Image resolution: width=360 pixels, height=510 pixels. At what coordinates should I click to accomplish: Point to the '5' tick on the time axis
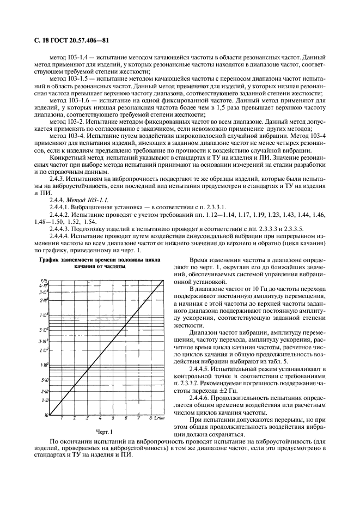pos(113,418)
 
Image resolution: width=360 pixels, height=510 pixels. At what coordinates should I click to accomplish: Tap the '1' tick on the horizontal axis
pos(62,418)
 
